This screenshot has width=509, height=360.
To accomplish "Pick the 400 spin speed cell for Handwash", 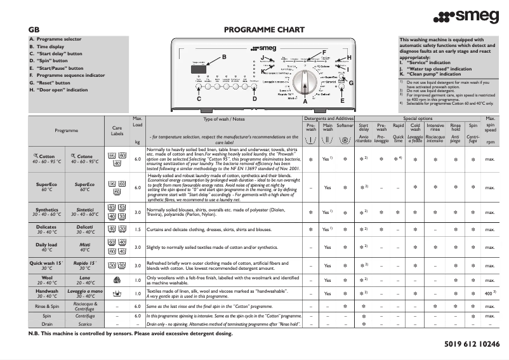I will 489,294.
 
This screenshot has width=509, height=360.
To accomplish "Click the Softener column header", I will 345,126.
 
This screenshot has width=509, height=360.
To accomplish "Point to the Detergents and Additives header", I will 329,118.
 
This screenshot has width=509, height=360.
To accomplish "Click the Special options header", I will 418,118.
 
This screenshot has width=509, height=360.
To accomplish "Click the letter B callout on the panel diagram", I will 224,58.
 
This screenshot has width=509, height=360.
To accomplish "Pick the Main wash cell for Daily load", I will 327,247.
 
